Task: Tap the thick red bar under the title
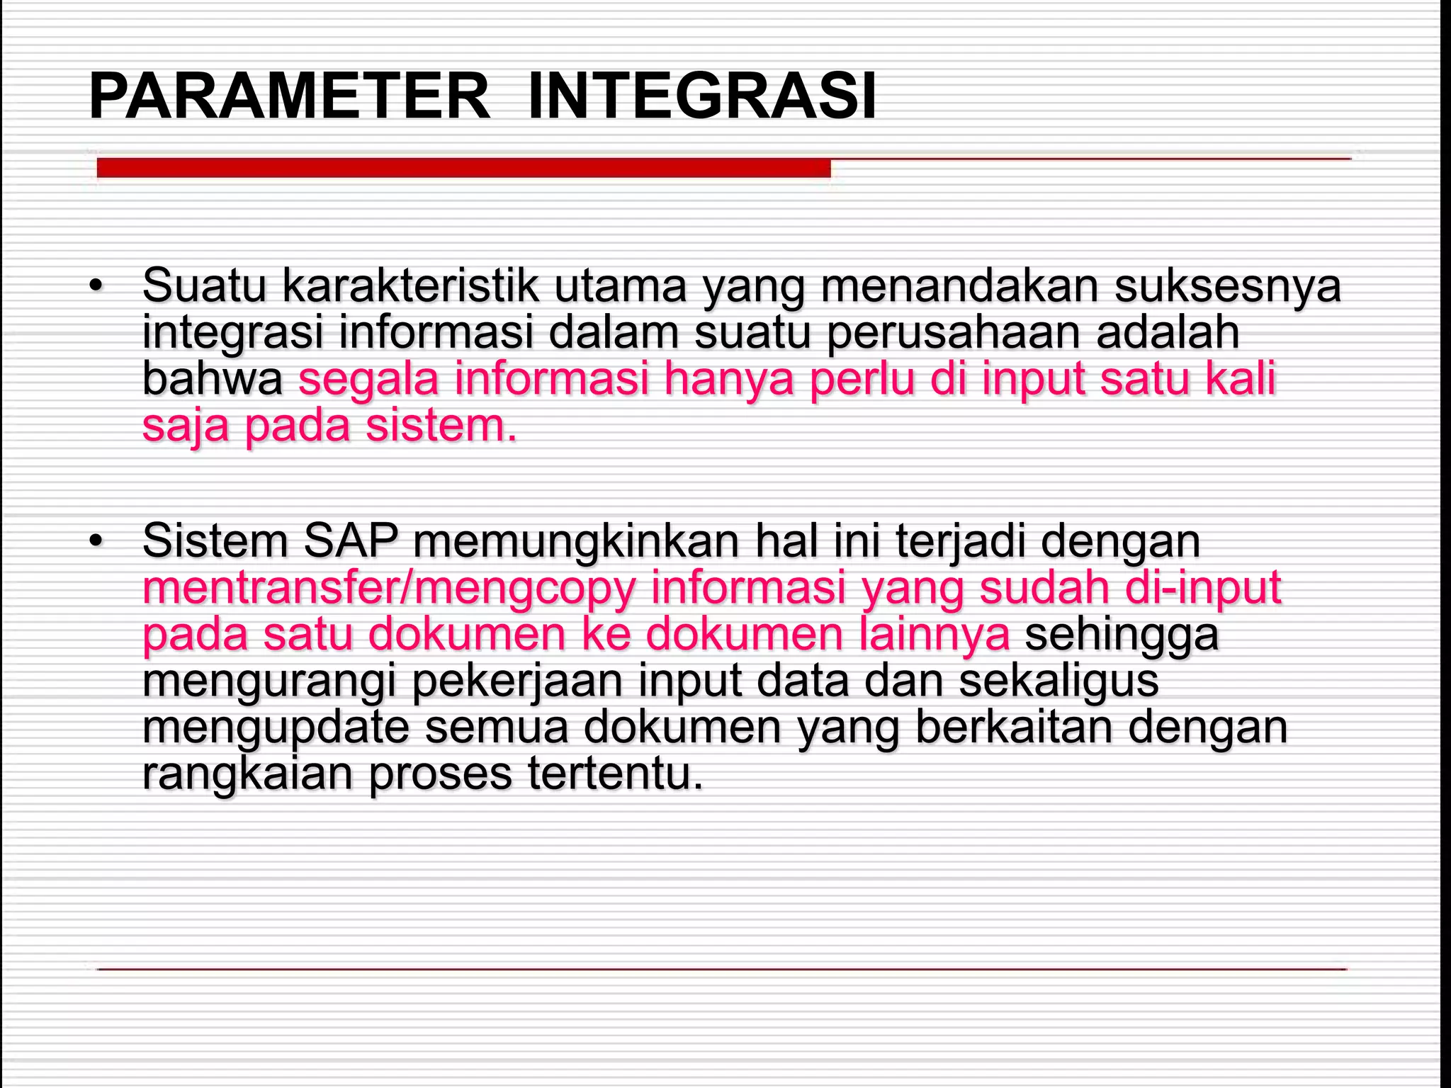click(x=463, y=168)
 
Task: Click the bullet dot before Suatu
click(x=96, y=287)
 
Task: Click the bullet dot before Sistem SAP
click(x=96, y=542)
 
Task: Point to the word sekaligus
click(x=1058, y=681)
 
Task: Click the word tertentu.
click(x=615, y=773)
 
